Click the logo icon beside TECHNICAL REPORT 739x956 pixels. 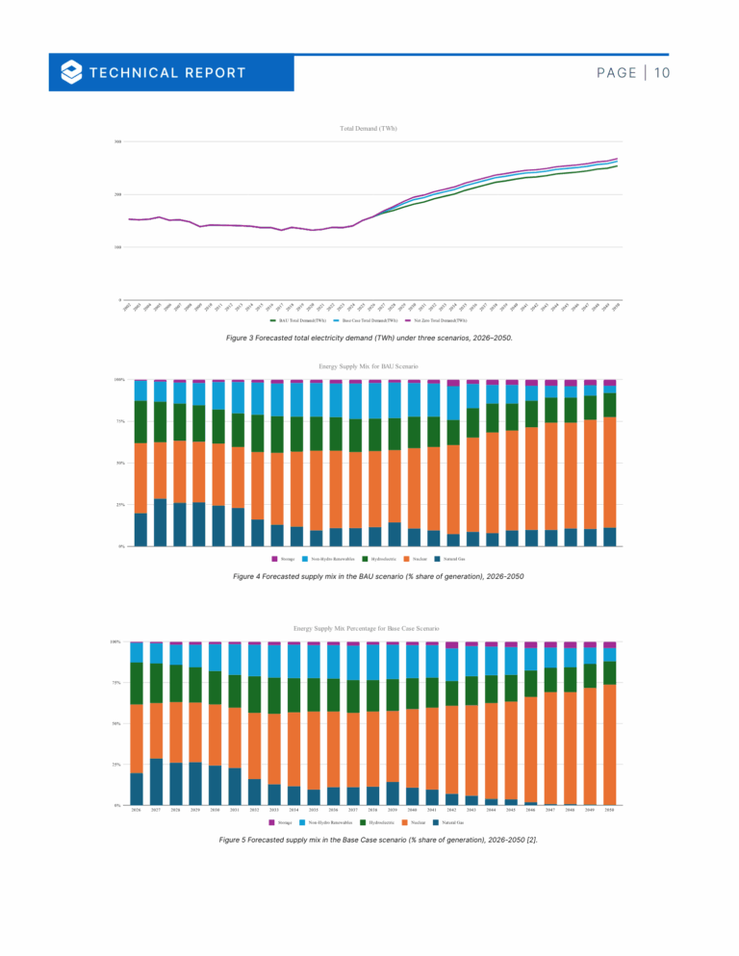70,72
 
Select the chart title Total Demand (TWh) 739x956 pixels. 369,128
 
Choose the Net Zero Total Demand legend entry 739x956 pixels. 438,319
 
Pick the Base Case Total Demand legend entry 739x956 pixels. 370,319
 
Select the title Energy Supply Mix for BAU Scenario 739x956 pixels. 369,366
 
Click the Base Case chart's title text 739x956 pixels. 369,627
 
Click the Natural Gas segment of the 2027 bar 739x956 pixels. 156,781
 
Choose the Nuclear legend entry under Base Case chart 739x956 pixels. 415,822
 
